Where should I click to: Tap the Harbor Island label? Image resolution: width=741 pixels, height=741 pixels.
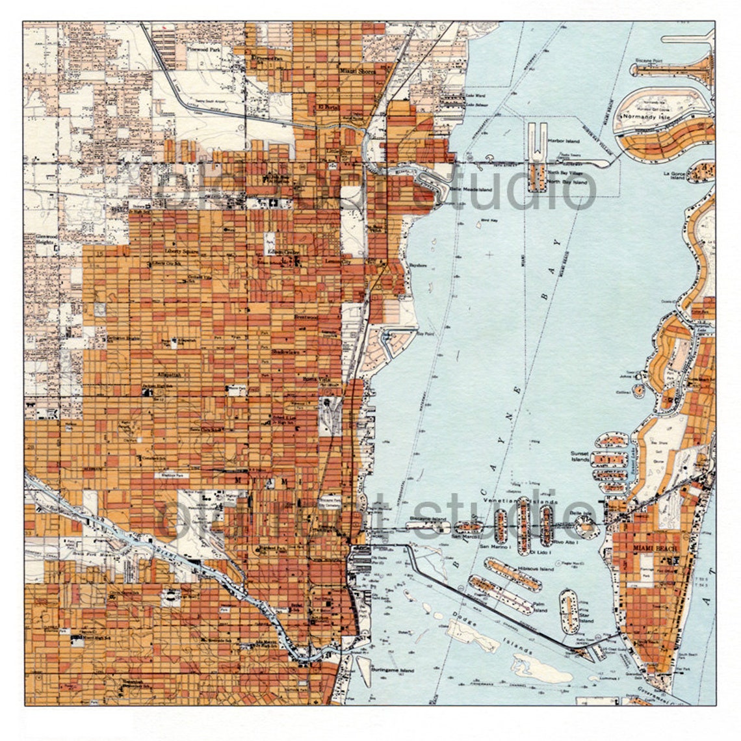pyautogui.click(x=563, y=140)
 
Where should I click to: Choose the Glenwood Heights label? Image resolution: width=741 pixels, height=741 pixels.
pyautogui.click(x=46, y=240)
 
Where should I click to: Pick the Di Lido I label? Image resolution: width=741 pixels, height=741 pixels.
pyautogui.click(x=540, y=552)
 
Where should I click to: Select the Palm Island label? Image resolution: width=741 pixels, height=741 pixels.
pyautogui.click(x=539, y=607)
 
